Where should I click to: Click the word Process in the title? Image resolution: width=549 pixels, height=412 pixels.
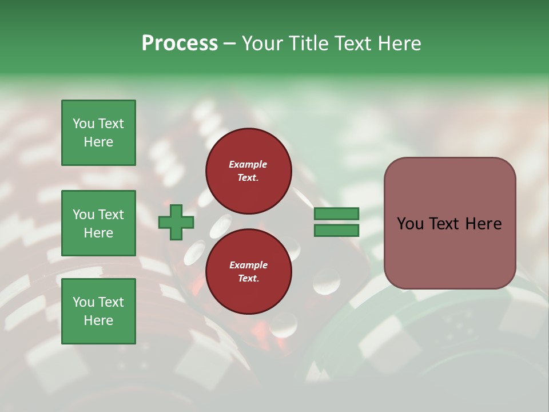click(180, 43)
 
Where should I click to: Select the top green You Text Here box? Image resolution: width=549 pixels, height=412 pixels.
click(98, 133)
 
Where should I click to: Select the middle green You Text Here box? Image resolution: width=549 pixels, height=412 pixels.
click(98, 223)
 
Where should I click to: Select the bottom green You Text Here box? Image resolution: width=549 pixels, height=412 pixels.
click(98, 311)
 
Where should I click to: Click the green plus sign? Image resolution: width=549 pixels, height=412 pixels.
click(176, 223)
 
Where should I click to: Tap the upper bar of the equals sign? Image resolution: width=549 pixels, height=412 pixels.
click(336, 213)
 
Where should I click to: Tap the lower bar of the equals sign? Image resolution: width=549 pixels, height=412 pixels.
click(336, 231)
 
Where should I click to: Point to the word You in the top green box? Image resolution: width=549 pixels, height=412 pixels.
click(83, 124)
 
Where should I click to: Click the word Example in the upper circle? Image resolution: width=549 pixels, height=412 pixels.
click(248, 164)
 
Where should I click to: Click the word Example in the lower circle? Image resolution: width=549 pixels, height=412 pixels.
click(248, 265)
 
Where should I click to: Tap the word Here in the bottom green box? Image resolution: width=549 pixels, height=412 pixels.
click(98, 320)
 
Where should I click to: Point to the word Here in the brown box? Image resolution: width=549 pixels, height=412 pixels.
click(483, 224)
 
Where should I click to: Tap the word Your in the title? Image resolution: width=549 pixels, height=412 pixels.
click(262, 43)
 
